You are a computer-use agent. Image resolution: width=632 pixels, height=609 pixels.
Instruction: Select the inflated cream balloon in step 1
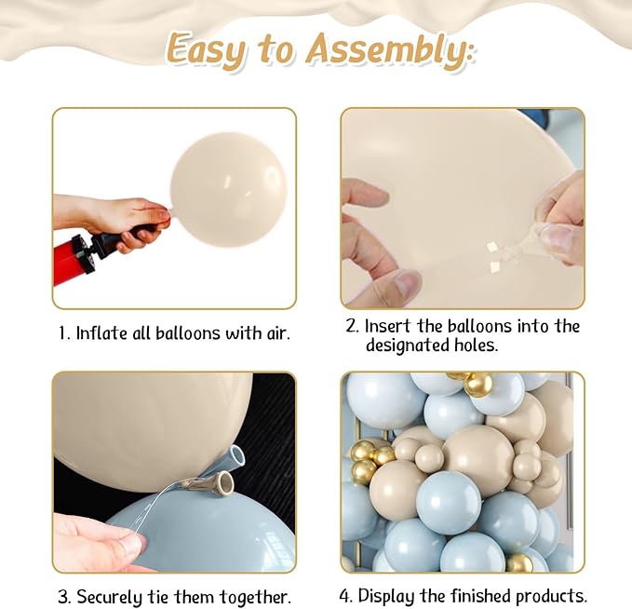(228, 190)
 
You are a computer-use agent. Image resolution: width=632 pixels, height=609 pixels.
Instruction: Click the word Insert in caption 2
(388, 326)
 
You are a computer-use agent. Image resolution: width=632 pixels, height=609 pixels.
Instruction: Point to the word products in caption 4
(550, 596)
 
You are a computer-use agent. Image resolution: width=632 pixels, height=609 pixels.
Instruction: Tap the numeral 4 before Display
(343, 596)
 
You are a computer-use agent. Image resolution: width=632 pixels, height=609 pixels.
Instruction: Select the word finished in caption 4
(481, 595)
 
